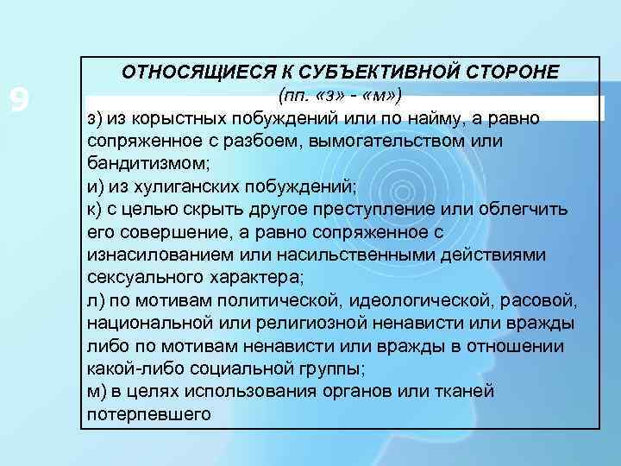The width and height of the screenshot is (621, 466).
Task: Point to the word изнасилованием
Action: tap(151, 256)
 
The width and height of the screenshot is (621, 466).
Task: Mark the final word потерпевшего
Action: tap(148, 414)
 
